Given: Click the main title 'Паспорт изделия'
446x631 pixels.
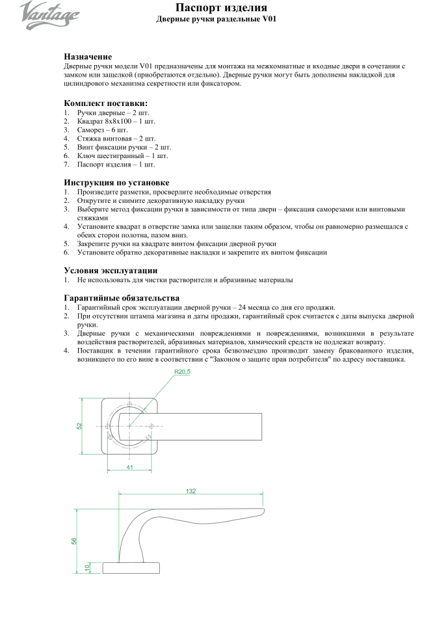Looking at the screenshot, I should [x=222, y=8].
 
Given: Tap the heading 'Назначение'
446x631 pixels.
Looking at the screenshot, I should [x=88, y=57].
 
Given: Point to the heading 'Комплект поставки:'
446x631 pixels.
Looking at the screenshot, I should [x=105, y=103].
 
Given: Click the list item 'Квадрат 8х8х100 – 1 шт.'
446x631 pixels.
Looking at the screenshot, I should [x=116, y=121].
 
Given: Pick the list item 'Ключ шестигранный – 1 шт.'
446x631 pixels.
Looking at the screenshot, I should [x=122, y=156].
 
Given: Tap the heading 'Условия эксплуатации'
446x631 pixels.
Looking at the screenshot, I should [x=111, y=270].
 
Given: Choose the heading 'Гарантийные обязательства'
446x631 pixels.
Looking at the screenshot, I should [x=122, y=298].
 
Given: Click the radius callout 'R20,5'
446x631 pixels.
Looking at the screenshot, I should [x=183, y=373].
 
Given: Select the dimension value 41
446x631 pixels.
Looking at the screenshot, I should [x=130, y=466].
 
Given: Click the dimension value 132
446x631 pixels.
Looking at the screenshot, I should [x=190, y=491].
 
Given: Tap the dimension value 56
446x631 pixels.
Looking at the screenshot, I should [x=74, y=541].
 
